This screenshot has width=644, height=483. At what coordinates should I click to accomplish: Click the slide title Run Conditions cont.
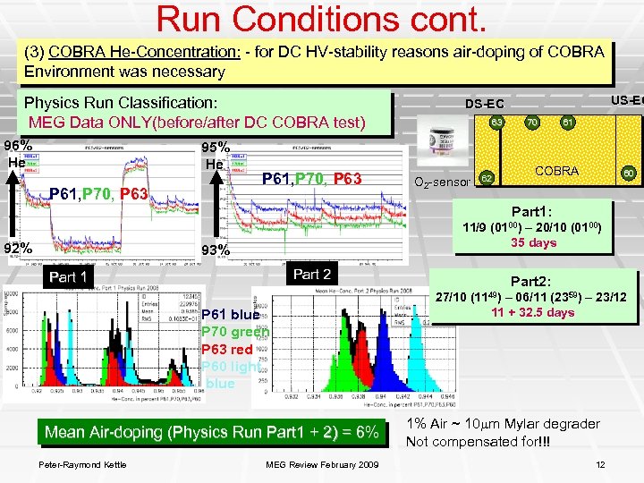pyautogui.click(x=322, y=19)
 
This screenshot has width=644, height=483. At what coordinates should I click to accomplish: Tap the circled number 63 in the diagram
pyautogui.click(x=496, y=121)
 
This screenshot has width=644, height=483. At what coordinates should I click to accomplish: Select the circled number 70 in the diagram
pyautogui.click(x=531, y=122)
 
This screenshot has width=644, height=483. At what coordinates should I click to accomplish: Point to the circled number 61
pyautogui.click(x=567, y=122)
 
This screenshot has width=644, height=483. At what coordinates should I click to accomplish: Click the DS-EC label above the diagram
pyautogui.click(x=484, y=104)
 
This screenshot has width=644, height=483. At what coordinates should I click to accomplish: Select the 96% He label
pyautogui.click(x=18, y=153)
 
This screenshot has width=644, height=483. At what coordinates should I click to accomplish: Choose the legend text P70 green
pyautogui.click(x=234, y=332)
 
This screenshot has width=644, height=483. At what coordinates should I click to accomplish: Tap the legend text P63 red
pyautogui.click(x=227, y=349)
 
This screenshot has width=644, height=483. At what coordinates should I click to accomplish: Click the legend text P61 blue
pyautogui.click(x=231, y=314)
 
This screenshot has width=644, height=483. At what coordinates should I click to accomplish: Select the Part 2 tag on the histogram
pyautogui.click(x=312, y=274)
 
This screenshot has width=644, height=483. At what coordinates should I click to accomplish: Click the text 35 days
pyautogui.click(x=533, y=242)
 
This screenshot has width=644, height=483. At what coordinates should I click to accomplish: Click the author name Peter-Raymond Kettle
pyautogui.click(x=82, y=462)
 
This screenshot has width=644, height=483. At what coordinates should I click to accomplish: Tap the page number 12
pyautogui.click(x=600, y=462)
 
